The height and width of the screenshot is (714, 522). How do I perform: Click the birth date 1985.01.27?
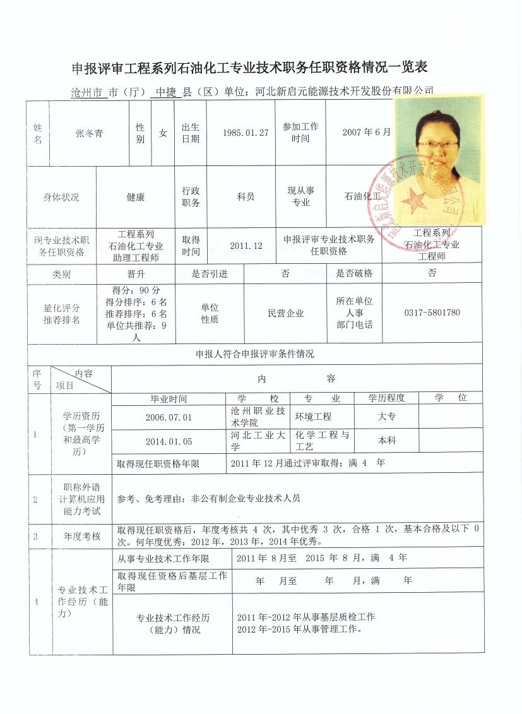click(x=246, y=133)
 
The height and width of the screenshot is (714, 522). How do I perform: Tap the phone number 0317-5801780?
click(x=432, y=313)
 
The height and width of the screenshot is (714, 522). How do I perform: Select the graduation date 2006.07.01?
click(x=169, y=418)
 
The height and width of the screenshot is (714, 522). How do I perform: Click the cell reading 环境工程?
click(x=313, y=417)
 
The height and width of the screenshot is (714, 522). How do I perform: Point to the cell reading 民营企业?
click(x=286, y=313)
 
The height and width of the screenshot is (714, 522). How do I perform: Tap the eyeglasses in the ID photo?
click(x=437, y=145)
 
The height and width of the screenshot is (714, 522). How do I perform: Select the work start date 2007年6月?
click(x=366, y=133)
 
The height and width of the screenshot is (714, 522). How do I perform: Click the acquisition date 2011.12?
click(x=246, y=246)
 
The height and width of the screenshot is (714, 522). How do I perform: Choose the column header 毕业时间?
click(x=169, y=399)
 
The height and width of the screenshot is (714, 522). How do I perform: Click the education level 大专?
click(x=387, y=417)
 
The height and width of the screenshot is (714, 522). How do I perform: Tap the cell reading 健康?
click(x=136, y=197)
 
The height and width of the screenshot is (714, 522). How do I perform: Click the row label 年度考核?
click(x=81, y=537)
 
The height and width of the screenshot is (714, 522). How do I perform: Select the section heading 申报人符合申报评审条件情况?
click(x=255, y=354)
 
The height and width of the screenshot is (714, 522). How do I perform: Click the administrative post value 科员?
click(x=246, y=197)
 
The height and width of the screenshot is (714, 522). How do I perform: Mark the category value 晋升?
click(x=136, y=274)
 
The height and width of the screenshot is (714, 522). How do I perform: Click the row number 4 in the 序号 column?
click(x=37, y=602)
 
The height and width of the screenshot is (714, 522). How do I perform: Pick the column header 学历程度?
click(x=387, y=398)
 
